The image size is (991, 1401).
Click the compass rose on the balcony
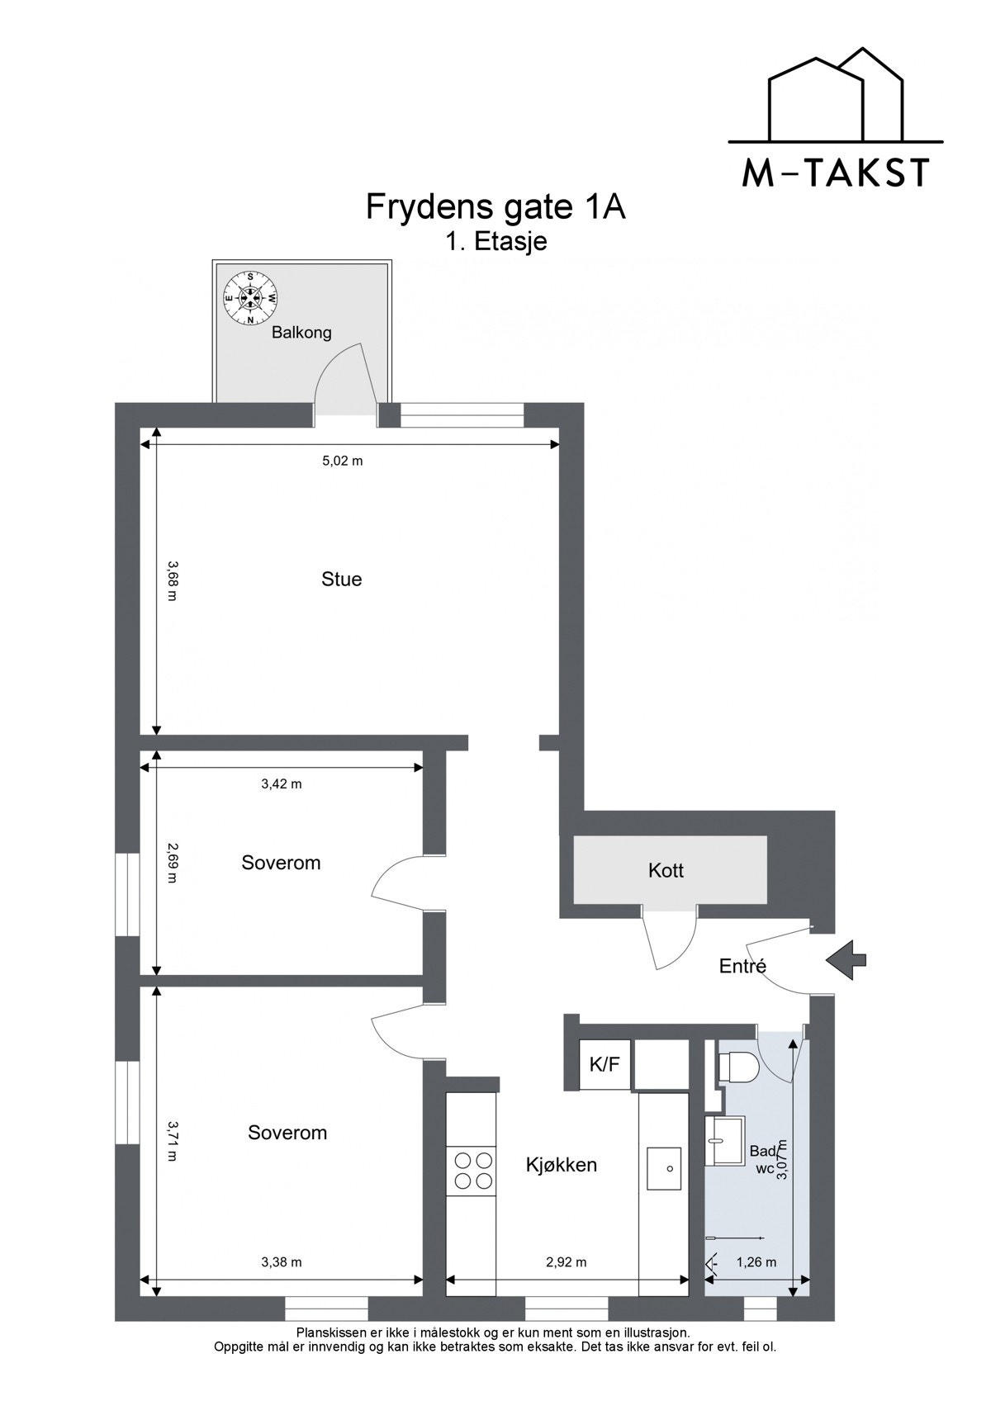coord(249,298)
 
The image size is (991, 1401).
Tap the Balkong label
coord(301,333)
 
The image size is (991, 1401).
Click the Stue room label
coord(341,580)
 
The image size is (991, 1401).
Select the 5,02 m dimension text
coord(342,461)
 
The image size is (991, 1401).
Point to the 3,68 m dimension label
coord(172,580)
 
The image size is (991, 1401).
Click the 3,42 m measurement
coord(281,783)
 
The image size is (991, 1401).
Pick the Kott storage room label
coord(666,870)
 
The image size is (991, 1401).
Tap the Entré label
coord(742,966)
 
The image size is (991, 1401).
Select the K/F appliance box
coord(604,1065)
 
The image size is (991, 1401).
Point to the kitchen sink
coord(663,1168)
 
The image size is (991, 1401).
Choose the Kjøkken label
coord(561,1165)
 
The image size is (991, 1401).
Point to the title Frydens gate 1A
coord(495,207)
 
